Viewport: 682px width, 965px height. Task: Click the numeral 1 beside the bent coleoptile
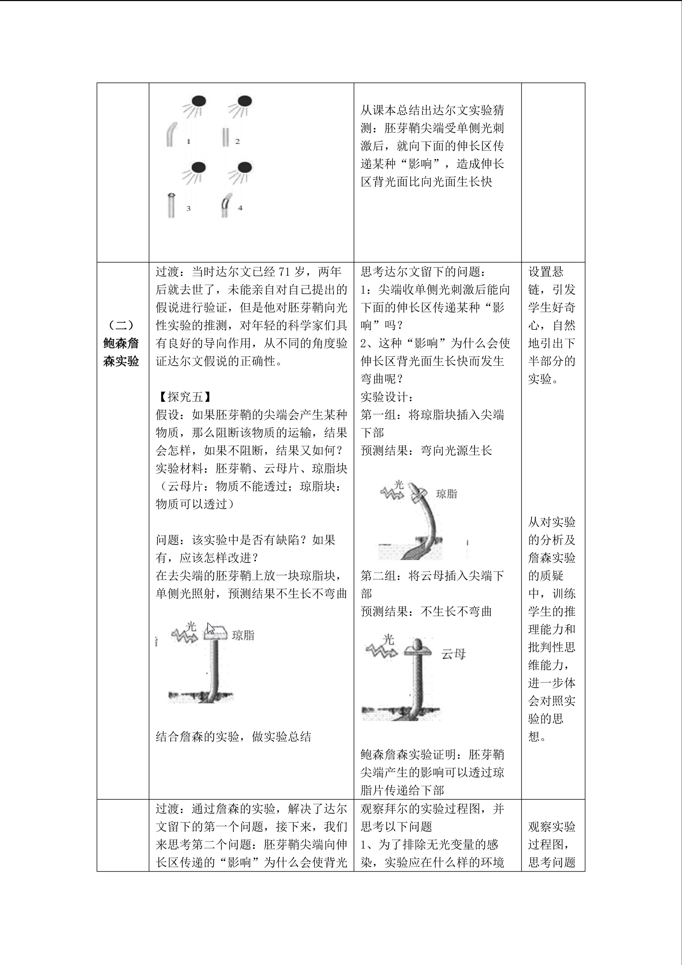188,142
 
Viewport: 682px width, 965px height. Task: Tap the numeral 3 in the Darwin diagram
188,208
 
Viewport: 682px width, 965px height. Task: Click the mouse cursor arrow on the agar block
211,628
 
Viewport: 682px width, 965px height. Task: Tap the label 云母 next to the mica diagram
453,654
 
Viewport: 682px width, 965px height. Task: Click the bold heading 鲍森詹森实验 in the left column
121,352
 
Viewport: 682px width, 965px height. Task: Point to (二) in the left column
121,325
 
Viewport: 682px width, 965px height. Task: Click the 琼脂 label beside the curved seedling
446,494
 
